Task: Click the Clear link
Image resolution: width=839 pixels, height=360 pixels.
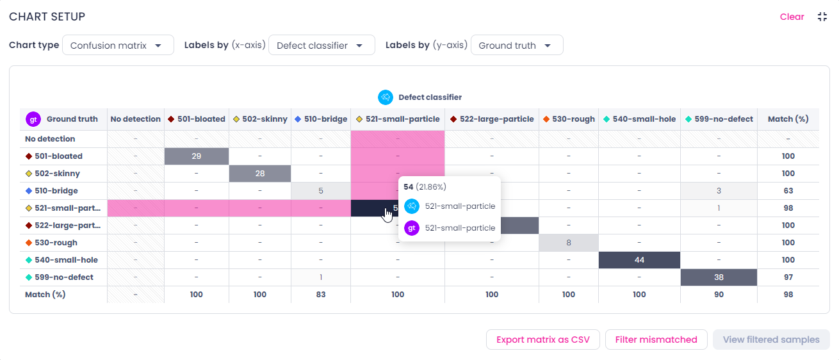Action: pos(792,17)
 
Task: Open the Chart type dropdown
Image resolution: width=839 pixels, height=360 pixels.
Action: pos(118,45)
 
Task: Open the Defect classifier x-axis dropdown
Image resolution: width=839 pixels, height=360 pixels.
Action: pos(322,45)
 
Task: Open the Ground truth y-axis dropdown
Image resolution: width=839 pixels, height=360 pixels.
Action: pos(517,45)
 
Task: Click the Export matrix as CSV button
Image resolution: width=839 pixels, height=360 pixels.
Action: pos(542,340)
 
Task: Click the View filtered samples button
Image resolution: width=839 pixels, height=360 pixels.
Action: pos(771,340)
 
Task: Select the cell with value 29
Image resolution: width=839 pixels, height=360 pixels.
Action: pos(197,156)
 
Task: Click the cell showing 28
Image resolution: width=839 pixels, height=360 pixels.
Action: pos(260,174)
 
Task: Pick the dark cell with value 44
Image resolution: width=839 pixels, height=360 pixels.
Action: pos(639,260)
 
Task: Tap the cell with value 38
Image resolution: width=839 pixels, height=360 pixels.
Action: pos(719,277)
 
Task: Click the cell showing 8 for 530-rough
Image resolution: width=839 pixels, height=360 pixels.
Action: pos(569,243)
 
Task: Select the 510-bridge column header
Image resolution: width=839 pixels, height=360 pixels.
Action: pos(321,119)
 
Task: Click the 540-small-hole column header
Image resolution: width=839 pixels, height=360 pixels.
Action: pos(639,119)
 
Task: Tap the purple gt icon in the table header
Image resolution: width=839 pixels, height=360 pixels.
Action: pos(33,119)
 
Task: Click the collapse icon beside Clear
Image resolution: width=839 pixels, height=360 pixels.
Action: pos(822,17)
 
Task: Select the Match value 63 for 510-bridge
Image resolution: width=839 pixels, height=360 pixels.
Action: pos(788,191)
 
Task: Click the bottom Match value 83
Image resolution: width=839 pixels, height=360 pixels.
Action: pos(321,295)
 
